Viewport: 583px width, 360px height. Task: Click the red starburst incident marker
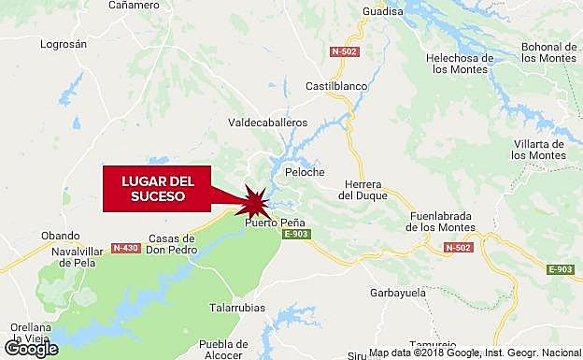tap(256, 199)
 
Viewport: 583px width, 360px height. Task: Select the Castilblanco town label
tap(337, 86)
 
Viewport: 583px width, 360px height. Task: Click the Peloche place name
tap(305, 173)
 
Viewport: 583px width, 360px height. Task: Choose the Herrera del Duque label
tap(359, 190)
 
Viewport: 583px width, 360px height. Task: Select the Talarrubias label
tap(236, 308)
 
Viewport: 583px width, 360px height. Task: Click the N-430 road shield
tap(125, 248)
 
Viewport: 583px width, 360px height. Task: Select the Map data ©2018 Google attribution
tap(476, 353)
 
